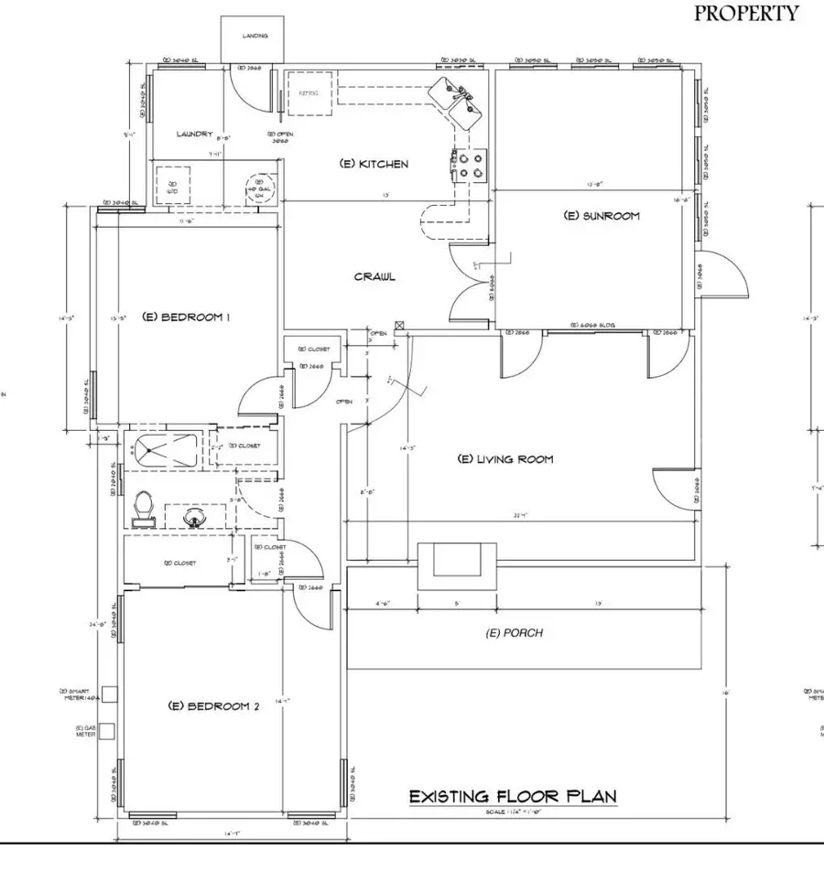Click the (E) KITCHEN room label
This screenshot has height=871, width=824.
point(374,164)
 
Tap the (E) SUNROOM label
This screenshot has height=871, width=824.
point(600,216)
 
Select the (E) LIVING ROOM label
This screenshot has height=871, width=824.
point(505,458)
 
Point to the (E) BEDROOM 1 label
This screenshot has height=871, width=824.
point(186,317)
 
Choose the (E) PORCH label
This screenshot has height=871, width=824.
point(514,632)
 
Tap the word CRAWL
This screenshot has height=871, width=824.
point(375,276)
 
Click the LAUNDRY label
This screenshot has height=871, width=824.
point(194,134)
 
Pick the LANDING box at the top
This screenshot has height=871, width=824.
point(255,38)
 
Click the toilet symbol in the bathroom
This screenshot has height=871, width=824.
point(142,509)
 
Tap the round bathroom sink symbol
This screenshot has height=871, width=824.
point(194,519)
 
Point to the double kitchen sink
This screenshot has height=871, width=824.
point(460,101)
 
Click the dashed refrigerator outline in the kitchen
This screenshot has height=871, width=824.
point(309,92)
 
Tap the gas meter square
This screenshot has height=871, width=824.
point(107,730)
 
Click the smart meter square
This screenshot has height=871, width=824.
point(107,694)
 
